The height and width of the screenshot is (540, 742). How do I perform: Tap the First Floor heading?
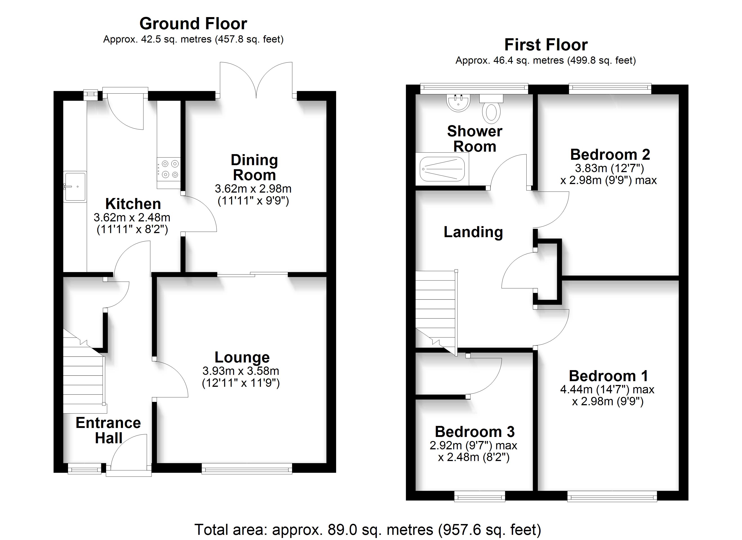point(546,45)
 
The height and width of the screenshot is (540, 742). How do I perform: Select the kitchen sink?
point(75,187)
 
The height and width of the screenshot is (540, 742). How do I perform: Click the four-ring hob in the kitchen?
point(168,169)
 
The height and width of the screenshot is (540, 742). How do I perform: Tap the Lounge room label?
point(242,357)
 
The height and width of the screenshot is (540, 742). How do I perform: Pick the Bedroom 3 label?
point(475,432)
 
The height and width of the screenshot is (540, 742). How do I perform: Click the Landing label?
point(473,232)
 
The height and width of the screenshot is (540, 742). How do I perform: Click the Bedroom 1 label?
point(608,376)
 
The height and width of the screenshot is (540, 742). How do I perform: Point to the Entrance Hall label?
point(108,430)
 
